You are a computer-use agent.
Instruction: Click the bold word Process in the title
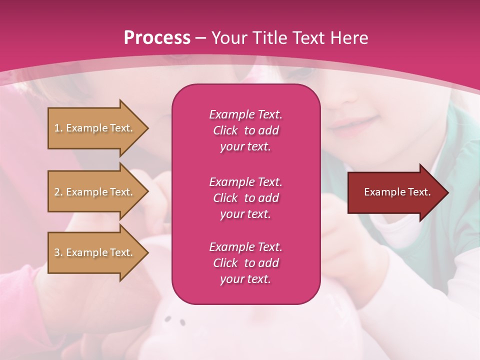157,37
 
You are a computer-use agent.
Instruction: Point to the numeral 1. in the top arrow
58,128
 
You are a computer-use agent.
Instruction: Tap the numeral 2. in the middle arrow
58,192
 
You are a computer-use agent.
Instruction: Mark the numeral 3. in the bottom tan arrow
58,252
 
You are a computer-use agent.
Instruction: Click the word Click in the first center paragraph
225,130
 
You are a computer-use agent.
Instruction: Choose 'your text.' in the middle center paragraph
245,214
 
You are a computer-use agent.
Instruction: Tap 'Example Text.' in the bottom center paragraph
245,247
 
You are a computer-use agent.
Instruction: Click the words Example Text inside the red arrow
397,192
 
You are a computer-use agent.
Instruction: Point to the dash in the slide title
200,38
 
